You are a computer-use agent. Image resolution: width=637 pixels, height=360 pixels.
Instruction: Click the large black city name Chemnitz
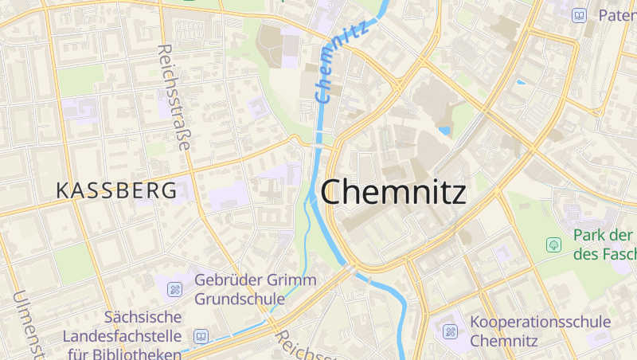coord(393,192)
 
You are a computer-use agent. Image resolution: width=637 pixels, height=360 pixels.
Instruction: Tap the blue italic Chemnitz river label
coord(342,62)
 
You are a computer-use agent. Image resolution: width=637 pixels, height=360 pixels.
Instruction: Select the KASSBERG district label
coord(116,191)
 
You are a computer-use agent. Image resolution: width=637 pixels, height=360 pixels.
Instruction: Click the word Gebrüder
coord(228,280)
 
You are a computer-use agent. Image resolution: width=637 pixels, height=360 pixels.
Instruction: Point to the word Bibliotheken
coord(139,354)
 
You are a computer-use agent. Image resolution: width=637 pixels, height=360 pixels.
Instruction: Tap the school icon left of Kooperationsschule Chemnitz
coord(450,331)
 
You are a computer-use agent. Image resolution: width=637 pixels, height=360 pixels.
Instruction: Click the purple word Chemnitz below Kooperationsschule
coord(504,341)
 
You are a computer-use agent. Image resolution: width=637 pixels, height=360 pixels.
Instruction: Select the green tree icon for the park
coord(553,245)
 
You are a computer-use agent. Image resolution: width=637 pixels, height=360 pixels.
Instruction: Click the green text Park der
coord(603,237)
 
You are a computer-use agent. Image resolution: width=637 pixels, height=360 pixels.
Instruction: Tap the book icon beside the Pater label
coord(580,15)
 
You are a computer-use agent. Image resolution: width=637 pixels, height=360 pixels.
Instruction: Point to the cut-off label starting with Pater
coord(616,15)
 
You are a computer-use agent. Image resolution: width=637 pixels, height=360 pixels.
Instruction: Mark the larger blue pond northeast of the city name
coord(444,129)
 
